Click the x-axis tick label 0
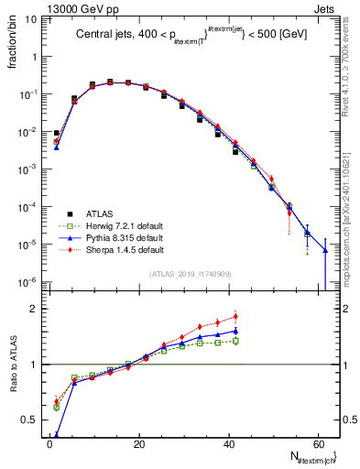pos(50,444)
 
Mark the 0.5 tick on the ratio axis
pos(35,420)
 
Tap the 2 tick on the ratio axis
pos(37,309)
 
